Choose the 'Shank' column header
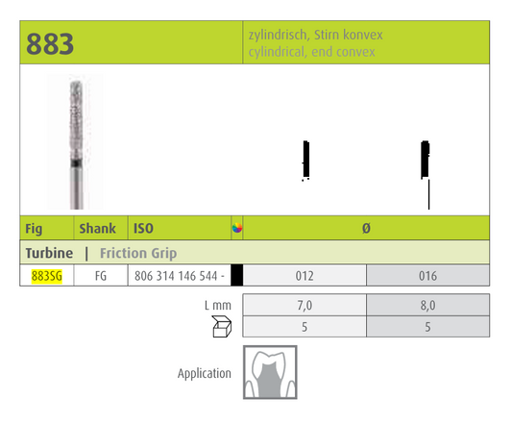pos(99,229)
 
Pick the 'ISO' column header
pos(143,229)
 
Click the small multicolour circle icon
pos(237,229)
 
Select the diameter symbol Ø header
pos(366,229)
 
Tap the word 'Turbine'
pos(47,253)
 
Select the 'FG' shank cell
pos(100,276)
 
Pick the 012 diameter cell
pos(304,276)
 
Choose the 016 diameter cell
pos(427,276)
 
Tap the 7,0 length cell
pos(304,306)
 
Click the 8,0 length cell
pos(427,306)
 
